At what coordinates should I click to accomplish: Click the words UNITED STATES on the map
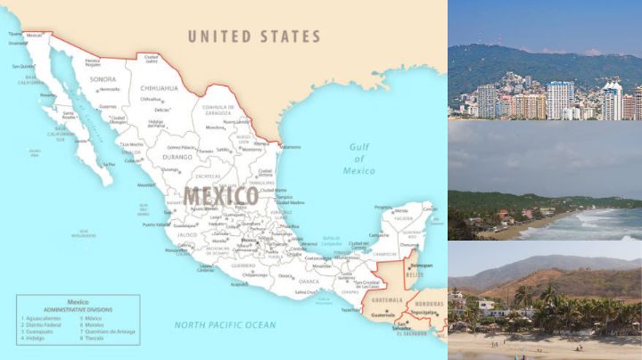click(x=253, y=37)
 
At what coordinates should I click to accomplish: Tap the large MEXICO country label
click(x=221, y=196)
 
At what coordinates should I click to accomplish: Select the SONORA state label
click(x=104, y=79)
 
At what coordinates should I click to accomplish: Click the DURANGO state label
click(x=177, y=158)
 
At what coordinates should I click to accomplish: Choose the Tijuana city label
click(x=14, y=34)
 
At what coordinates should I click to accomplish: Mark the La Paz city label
click(x=110, y=165)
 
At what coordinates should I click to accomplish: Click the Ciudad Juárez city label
click(x=151, y=59)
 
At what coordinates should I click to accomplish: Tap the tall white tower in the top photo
click(x=559, y=99)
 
